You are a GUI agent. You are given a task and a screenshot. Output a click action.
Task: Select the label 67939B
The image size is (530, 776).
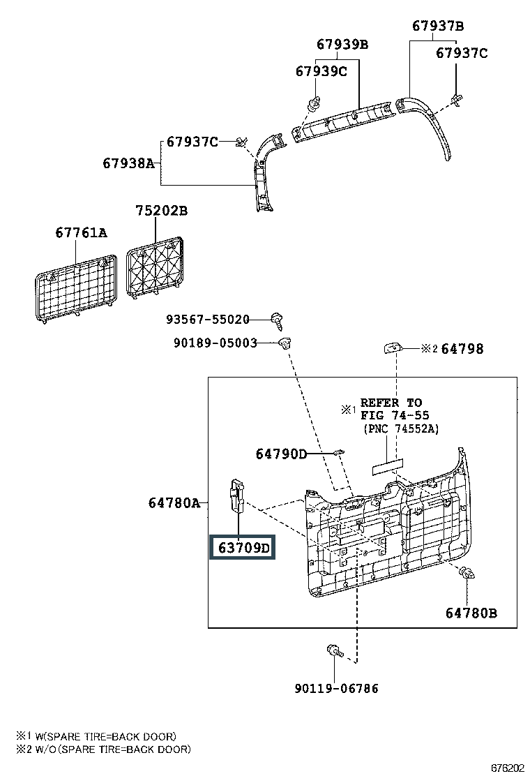(342, 44)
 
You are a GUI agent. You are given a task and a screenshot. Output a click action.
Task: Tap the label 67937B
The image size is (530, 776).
(438, 26)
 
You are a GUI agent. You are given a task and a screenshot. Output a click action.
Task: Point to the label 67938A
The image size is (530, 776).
(128, 163)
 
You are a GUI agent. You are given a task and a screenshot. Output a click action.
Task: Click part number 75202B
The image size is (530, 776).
(162, 210)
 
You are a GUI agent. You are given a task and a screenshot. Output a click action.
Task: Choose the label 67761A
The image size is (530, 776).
(81, 232)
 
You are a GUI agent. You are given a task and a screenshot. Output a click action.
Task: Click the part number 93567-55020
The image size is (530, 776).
(208, 319)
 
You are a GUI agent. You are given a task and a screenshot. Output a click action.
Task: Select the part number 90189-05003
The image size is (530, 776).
(215, 343)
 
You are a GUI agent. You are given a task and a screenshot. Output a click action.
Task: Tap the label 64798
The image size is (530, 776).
(462, 349)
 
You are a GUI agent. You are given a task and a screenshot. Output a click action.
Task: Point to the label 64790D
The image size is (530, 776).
(281, 454)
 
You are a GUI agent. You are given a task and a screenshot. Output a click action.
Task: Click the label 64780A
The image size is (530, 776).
(174, 503)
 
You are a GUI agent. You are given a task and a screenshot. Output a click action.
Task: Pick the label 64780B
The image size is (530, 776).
(471, 613)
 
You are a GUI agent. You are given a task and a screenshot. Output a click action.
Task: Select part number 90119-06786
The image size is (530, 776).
(336, 688)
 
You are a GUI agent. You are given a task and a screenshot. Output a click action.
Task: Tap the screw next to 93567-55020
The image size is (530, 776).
(278, 320)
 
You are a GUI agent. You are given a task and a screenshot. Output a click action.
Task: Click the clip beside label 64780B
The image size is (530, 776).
(467, 573)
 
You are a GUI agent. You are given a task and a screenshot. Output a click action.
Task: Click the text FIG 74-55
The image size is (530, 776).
(395, 415)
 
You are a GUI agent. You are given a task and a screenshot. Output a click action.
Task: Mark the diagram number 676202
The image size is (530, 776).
(507, 768)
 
